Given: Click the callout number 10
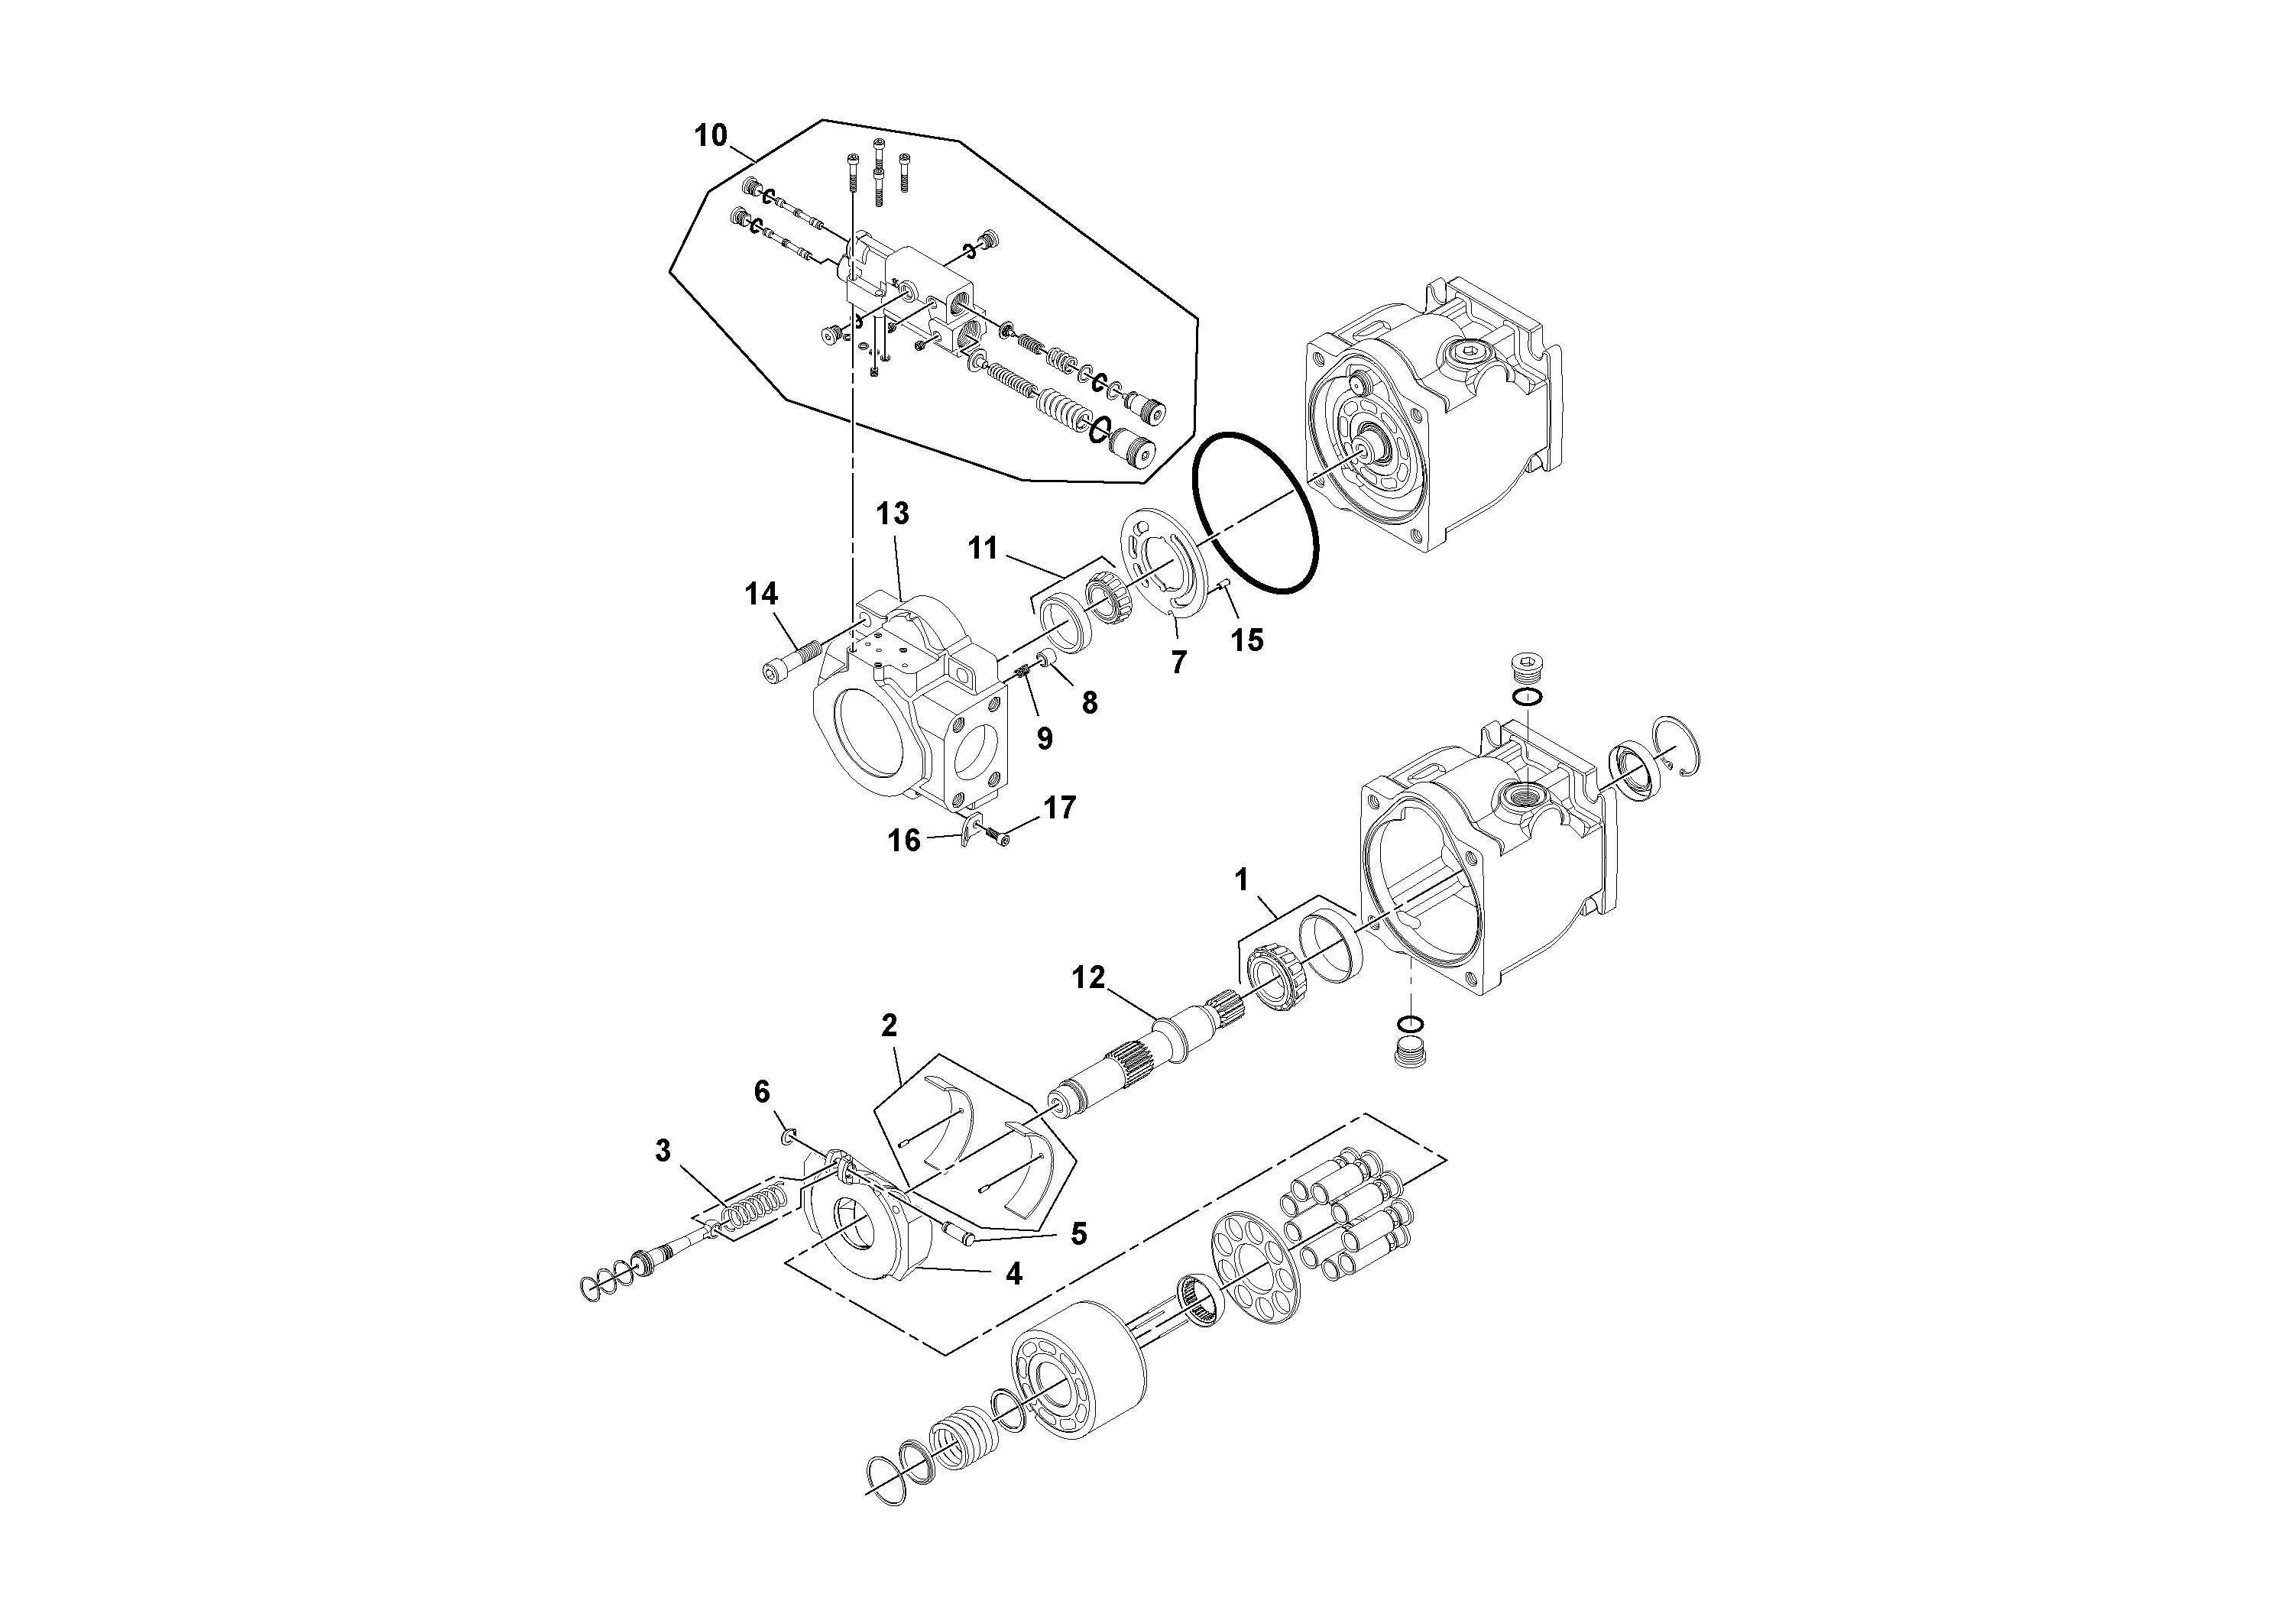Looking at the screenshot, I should tap(711, 136).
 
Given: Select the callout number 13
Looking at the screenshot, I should tap(892, 514).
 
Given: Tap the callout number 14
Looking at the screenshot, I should tap(761, 595).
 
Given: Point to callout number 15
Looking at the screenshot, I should tap(1246, 641).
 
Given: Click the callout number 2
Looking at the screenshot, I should tap(889, 1025).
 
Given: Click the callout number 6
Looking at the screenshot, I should tap(761, 1092).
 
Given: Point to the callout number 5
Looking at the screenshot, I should tap(1078, 1233).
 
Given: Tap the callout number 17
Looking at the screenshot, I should tap(1059, 808).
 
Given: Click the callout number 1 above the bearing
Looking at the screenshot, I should tap(1240, 879).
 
